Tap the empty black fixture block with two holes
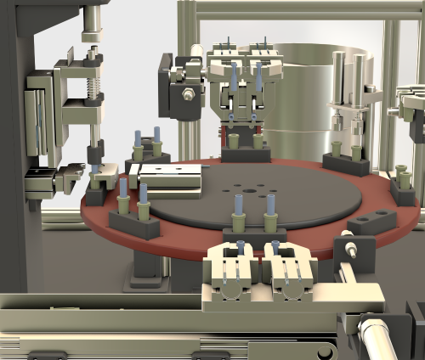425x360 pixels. tap(371, 223)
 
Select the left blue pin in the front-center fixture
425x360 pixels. tap(238, 205)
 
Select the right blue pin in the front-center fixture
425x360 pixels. tap(271, 205)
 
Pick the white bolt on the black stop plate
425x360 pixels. tap(349, 250)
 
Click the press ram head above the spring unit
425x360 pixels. tap(90, 34)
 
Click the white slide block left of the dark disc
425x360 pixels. tap(170, 178)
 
